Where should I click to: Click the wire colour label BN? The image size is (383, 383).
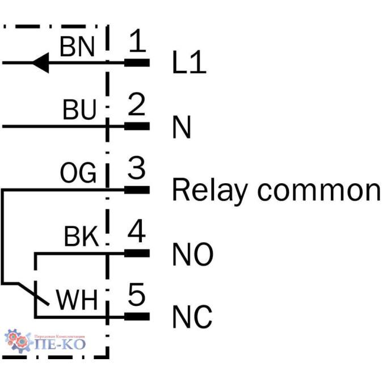78,47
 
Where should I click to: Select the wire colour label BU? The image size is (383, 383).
79,110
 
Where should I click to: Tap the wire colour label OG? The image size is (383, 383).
78,174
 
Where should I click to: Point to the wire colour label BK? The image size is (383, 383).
81,237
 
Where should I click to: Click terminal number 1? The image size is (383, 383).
136,41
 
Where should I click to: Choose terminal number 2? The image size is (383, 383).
136,105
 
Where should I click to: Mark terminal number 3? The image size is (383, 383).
136,169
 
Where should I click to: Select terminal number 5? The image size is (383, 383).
136,296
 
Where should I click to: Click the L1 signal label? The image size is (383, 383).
189,65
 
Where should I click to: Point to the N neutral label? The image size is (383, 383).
182,129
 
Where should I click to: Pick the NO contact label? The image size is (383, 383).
193,255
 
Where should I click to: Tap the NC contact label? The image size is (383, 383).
192,318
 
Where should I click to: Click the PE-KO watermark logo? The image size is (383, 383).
45,341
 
